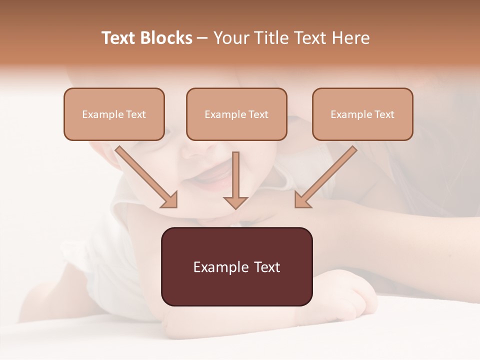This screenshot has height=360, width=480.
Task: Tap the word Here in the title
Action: [x=352, y=38]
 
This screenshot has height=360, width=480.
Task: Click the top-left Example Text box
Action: [x=114, y=114]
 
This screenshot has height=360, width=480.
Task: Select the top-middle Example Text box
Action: [x=236, y=114]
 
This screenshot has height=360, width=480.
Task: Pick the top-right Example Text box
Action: [x=362, y=114]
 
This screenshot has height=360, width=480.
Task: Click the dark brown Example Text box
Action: [x=236, y=266]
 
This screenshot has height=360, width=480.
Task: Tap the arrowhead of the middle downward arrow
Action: [x=235, y=202]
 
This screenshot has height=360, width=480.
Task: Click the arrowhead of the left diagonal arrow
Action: [x=170, y=200]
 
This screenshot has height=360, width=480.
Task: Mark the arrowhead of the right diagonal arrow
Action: [x=302, y=200]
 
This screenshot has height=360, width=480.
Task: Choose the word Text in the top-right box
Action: [x=384, y=114]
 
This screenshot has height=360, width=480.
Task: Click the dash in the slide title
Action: [x=202, y=38]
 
